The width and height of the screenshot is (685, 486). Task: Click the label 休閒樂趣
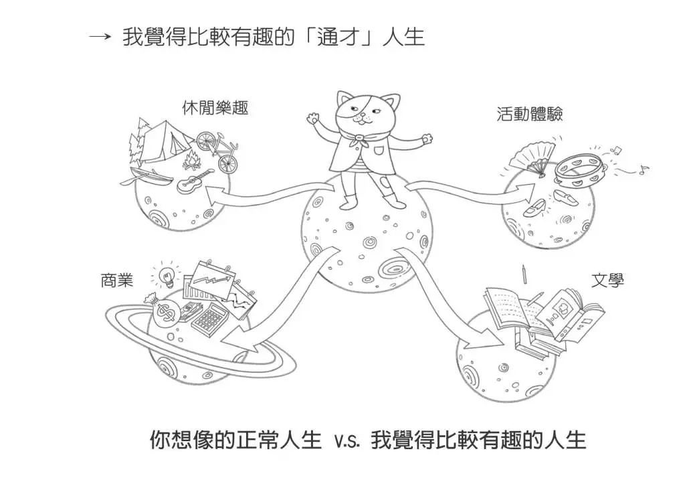pyautogui.click(x=215, y=108)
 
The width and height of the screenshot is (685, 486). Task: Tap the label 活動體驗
pyautogui.click(x=530, y=114)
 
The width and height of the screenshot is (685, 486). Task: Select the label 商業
pyautogui.click(x=116, y=280)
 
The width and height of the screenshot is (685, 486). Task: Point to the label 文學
pyautogui.click(x=607, y=280)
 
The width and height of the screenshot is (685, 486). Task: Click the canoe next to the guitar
pyautogui.click(x=147, y=178)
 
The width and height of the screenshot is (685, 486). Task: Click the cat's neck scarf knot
pyautogui.click(x=360, y=139)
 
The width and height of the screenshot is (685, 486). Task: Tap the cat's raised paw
pyautogui.click(x=313, y=118)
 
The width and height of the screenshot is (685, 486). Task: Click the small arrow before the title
pyautogui.click(x=99, y=37)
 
